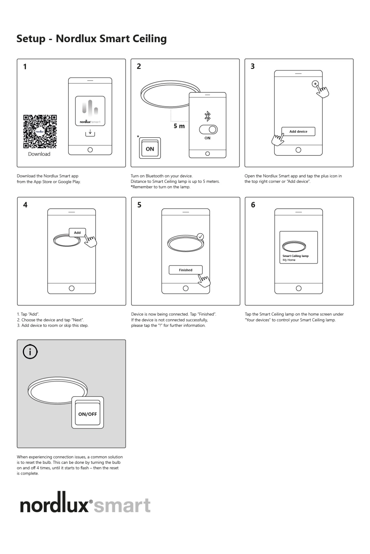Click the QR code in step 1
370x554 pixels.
40,132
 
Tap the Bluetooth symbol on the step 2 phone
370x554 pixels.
208,116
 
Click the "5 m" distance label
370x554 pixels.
179,126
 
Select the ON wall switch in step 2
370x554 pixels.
150,149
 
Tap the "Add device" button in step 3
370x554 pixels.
298,131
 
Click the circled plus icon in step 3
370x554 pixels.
315,84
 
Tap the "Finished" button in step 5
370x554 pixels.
186,270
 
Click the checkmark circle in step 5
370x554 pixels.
200,237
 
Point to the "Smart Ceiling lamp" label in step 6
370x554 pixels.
295,256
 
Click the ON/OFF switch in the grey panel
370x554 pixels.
88,414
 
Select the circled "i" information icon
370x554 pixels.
30,352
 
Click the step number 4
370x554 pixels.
25,205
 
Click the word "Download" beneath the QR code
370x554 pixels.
39,154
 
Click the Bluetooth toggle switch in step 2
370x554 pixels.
208,130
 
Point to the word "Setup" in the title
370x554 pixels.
31,39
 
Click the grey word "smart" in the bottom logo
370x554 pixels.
122,506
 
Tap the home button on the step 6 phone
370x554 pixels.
298,288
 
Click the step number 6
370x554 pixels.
253,205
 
